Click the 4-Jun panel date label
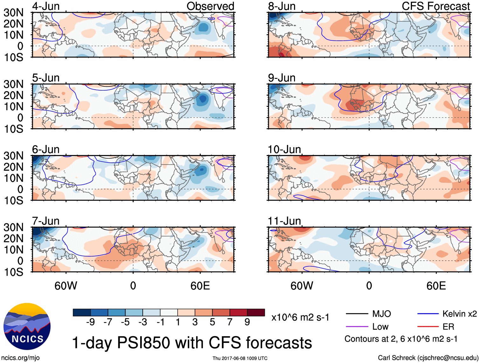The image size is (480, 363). point(46,6)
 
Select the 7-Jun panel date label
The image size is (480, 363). point(46,221)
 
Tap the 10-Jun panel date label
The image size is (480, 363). point(284,149)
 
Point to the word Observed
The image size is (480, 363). point(210,6)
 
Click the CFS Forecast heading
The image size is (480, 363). point(435,6)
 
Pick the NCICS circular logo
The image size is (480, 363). point(27,326)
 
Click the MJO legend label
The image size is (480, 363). point(381,314)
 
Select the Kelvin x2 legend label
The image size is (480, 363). point(459,314)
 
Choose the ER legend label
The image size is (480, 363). point(448,327)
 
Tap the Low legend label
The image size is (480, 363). point(380,327)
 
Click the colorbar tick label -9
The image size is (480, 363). point(90,322)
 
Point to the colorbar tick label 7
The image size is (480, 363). point(230,322)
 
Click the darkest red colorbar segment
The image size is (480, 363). point(256,312)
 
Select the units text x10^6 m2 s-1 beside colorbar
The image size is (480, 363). point(300,318)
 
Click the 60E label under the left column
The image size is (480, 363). point(200,286)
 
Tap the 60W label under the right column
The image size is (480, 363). point(302,286)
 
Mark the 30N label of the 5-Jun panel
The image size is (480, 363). point(13,84)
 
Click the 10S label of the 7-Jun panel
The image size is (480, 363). point(13,272)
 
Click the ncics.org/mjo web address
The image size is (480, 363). point(20,358)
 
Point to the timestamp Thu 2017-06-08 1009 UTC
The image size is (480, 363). point(240,358)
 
